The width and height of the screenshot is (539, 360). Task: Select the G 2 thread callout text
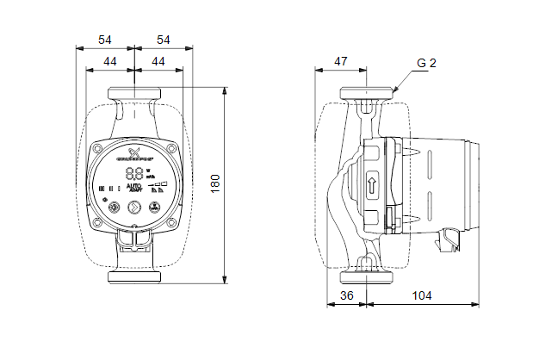427,64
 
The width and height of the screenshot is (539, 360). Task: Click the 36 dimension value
347,295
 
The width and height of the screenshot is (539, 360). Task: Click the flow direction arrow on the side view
372,183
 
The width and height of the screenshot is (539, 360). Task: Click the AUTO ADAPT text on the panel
134,187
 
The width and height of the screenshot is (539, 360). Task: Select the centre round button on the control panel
134,207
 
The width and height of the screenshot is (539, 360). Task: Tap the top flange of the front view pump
134,94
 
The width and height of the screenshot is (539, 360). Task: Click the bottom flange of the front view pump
134,278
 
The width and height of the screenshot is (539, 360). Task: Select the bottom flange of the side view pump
368,278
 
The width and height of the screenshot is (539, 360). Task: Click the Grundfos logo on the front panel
134,156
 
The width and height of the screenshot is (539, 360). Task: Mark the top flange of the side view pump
368,94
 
